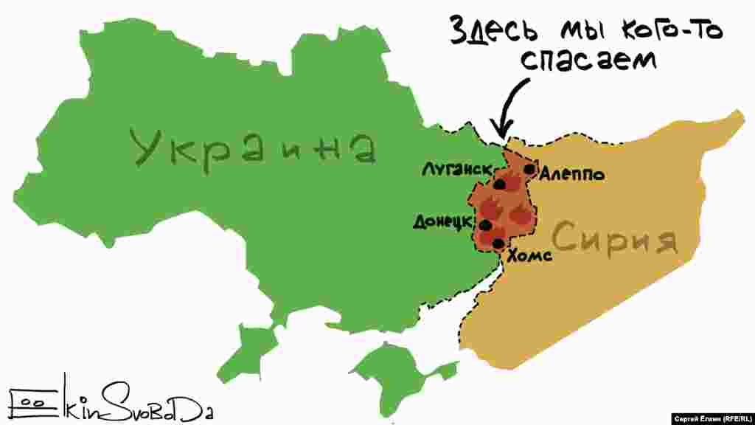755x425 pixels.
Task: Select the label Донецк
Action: pyautogui.click(x=444, y=221)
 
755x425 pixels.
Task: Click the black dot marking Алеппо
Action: pyautogui.click(x=529, y=169)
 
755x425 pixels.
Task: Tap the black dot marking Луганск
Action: pyautogui.click(x=500, y=184)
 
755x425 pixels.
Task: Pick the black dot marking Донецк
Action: pyautogui.click(x=485, y=224)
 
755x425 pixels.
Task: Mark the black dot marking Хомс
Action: pyautogui.click(x=498, y=243)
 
